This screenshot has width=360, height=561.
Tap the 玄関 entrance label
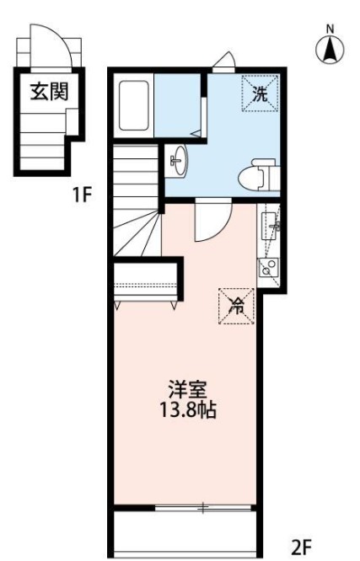click(x=49, y=90)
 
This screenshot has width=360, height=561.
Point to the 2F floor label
click(x=303, y=547)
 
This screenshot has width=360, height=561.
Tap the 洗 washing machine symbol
click(x=258, y=93)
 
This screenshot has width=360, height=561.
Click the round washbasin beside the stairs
click(x=178, y=162)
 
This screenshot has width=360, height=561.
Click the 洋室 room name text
click(x=187, y=391)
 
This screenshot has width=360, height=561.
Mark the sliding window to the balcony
click(x=203, y=508)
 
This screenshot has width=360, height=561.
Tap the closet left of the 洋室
click(x=146, y=278)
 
